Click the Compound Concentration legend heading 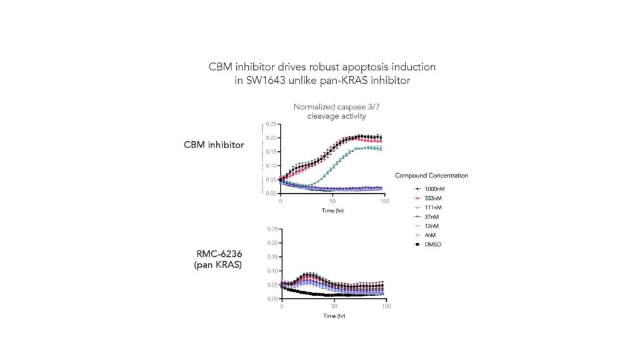(x=431, y=176)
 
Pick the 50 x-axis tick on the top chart (x=332, y=201)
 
